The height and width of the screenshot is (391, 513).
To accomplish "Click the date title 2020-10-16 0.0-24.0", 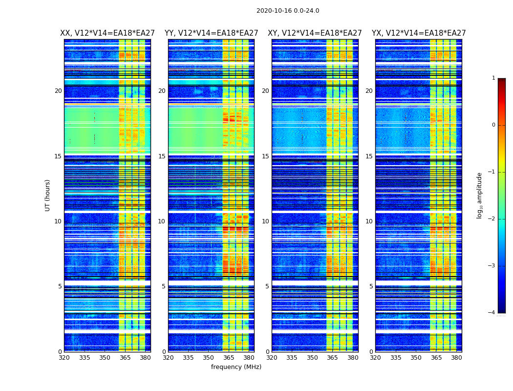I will pyautogui.click(x=288, y=11).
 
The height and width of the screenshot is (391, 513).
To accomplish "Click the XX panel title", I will pyautogui.click(x=107, y=33).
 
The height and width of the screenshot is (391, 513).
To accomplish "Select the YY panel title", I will pyautogui.click(x=211, y=33).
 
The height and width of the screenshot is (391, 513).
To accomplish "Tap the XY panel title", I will pyautogui.click(x=315, y=33).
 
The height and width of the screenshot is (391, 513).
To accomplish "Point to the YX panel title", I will pyautogui.click(x=419, y=33).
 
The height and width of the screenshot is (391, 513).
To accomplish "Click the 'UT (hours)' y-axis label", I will pyautogui.click(x=48, y=195).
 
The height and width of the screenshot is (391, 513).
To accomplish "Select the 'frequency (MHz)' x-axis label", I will pyautogui.click(x=236, y=367).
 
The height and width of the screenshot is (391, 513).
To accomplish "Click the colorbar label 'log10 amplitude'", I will pyautogui.click(x=480, y=195).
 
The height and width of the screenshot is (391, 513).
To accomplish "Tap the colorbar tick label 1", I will pyautogui.click(x=493, y=78).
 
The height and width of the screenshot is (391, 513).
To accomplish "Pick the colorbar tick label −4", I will pyautogui.click(x=492, y=313).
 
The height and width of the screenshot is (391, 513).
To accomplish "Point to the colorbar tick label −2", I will pyautogui.click(x=492, y=219).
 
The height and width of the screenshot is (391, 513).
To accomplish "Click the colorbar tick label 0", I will pyautogui.click(x=493, y=125).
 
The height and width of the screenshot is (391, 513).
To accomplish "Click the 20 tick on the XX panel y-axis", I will pyautogui.click(x=58, y=91).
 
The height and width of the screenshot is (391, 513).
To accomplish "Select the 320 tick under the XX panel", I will pyautogui.click(x=64, y=358).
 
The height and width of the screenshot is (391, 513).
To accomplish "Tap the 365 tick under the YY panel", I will pyautogui.click(x=229, y=358).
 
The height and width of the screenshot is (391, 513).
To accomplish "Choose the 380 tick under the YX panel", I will pyautogui.click(x=456, y=358).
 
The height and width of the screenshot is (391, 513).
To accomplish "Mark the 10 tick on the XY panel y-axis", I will pyautogui.click(x=265, y=221).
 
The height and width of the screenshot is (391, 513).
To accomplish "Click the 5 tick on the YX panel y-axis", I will pyautogui.click(x=371, y=286).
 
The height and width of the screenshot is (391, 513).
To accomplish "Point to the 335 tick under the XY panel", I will pyautogui.click(x=292, y=358).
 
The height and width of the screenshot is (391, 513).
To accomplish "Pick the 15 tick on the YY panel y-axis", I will pyautogui.click(x=162, y=156).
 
